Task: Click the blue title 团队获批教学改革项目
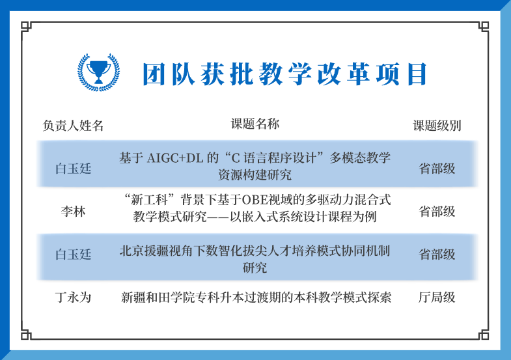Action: pos(284,74)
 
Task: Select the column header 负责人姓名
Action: pos(73,126)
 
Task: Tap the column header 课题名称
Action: pos(255,124)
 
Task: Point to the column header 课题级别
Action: pos(437,126)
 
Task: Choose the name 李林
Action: pos(73,211)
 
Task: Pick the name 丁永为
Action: pos(73,298)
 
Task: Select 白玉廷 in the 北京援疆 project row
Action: pos(73,254)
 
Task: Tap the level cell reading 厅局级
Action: pos(437,298)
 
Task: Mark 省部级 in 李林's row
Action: pos(437,211)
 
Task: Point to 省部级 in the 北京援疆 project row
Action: pos(437,254)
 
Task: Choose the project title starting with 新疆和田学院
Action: pos(256,298)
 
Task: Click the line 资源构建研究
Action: pos(255,175)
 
